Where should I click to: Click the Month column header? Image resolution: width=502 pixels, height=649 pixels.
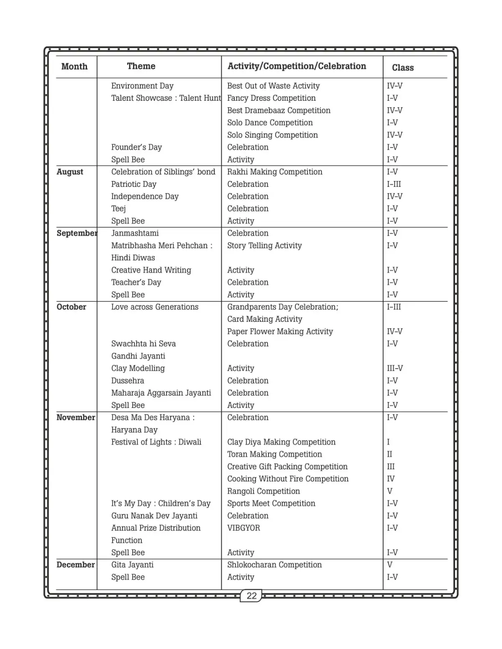point(74,66)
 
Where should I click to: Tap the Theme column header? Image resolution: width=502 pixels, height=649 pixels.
point(141,66)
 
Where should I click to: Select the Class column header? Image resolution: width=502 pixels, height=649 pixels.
point(402,68)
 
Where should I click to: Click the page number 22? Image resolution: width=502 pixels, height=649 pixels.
point(251,596)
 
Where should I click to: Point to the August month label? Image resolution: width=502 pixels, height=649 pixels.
point(70,172)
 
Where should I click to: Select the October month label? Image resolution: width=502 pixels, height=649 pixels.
point(72,307)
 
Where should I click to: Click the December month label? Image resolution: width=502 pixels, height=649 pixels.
point(76,565)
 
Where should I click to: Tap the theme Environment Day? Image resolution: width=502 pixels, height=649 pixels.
point(142,86)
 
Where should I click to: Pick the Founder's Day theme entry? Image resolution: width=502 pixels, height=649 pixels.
point(136,147)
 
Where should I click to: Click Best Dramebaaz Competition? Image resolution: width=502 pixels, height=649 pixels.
point(279,110)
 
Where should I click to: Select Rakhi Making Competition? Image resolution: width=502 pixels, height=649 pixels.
point(274,172)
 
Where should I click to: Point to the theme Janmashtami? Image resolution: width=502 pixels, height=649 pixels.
point(135,233)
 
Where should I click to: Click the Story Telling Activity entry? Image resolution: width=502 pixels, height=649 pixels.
point(264,245)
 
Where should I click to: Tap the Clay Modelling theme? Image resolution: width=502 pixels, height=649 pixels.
point(138,368)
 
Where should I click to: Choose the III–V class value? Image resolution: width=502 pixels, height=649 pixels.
point(394,368)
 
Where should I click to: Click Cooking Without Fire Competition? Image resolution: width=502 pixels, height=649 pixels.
point(288,479)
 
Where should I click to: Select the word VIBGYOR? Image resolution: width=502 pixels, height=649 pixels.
point(243,528)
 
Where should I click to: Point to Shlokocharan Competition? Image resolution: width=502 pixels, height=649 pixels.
point(274,565)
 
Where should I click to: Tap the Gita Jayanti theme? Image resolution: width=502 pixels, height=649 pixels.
point(132,565)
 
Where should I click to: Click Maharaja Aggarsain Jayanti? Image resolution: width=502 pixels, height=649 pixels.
point(161,393)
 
